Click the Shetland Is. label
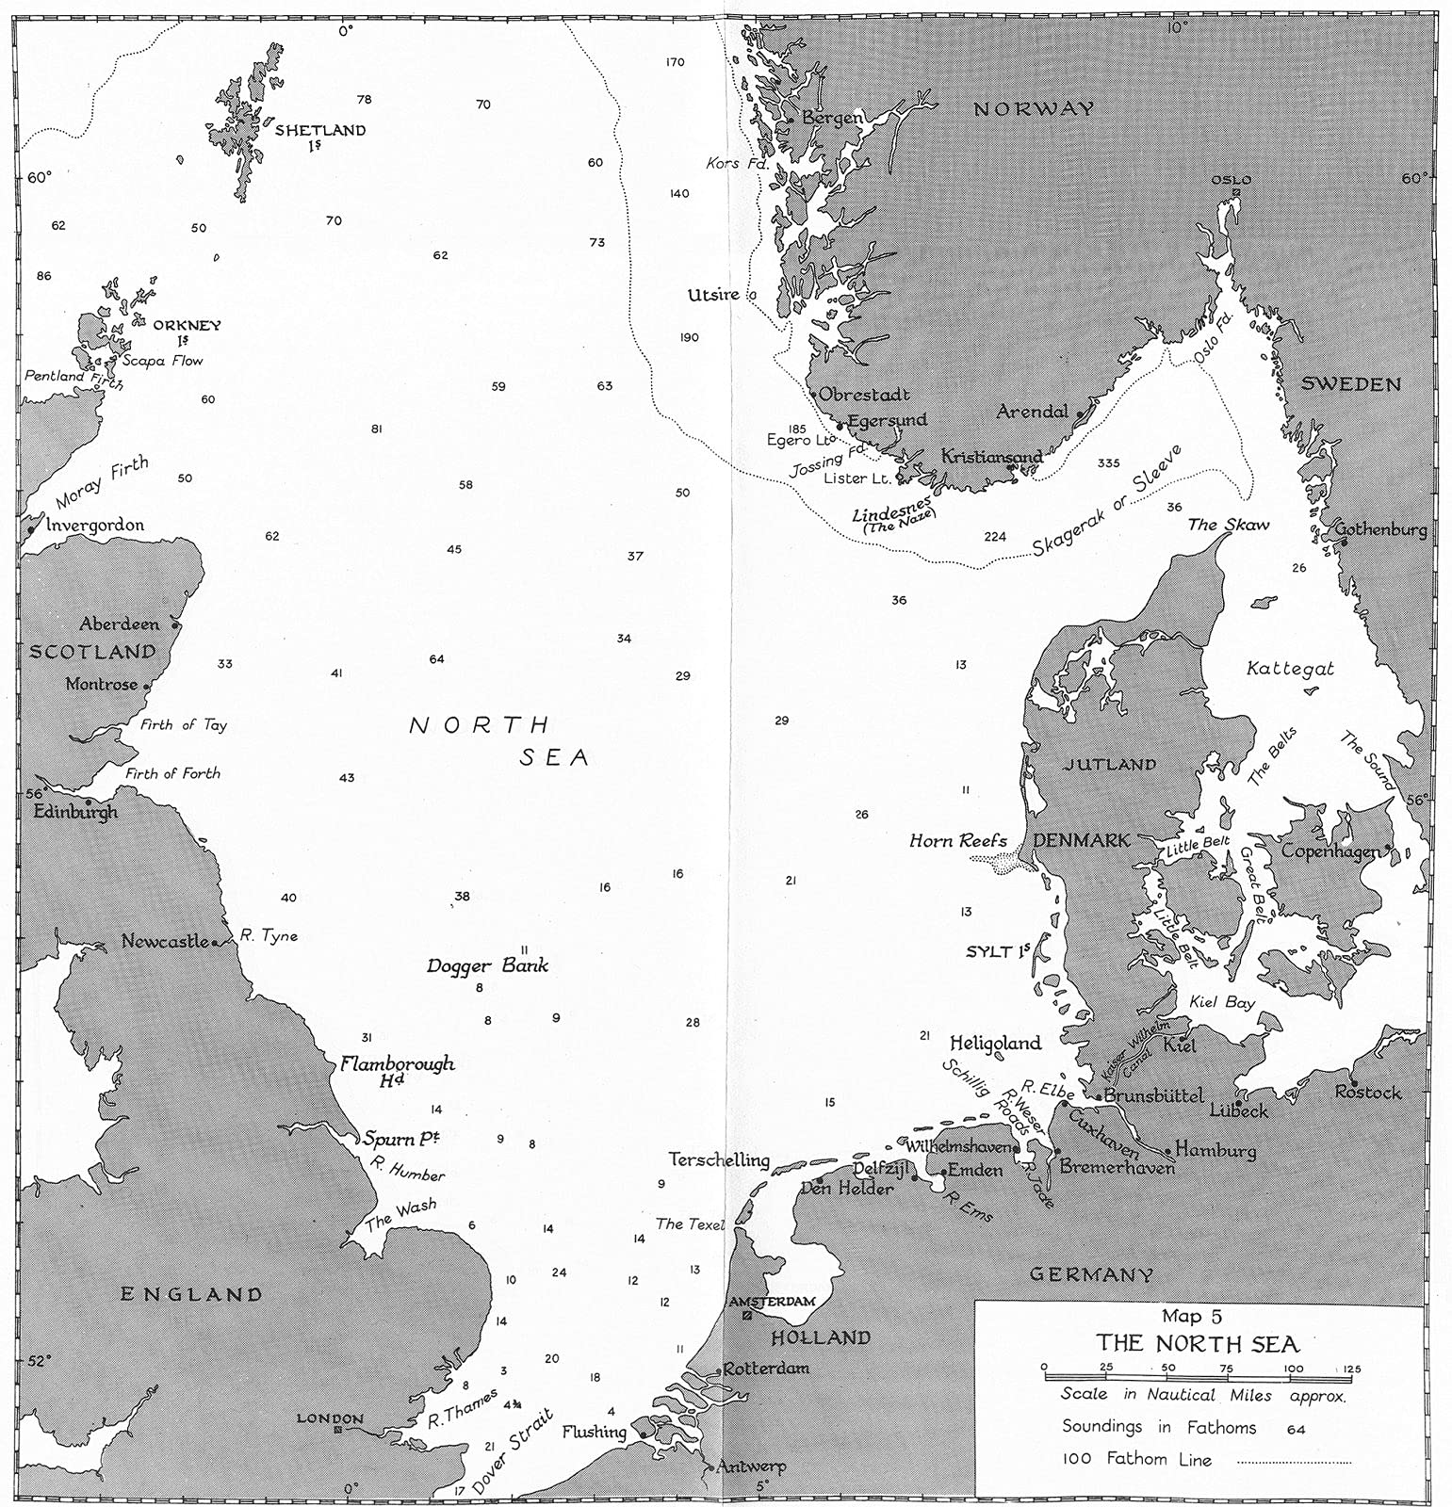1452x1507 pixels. [319, 137]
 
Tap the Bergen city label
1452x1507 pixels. [831, 118]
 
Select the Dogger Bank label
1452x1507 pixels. [487, 965]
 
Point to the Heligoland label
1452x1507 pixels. [995, 1043]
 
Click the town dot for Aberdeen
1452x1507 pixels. [176, 624]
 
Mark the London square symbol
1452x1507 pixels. [337, 1430]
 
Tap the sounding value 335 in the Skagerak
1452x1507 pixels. [1108, 463]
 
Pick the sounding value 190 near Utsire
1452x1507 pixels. [689, 337]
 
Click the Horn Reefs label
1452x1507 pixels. [957, 841]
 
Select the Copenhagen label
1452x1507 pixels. [1331, 851]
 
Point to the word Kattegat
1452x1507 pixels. [1290, 669]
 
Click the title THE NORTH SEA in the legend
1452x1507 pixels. [1196, 1344]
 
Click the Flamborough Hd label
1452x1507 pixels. [397, 1071]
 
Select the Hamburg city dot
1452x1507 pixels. [1169, 1150]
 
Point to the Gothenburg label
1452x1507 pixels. [1380, 530]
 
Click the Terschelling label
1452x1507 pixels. [719, 1159]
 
